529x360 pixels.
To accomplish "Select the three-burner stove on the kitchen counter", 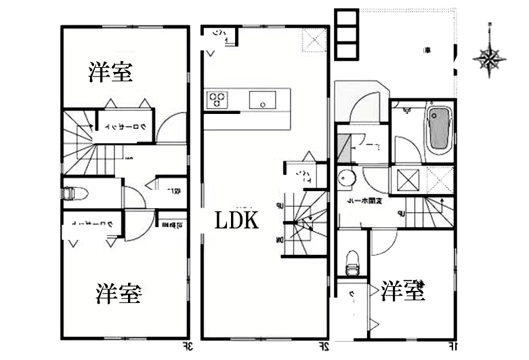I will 217,100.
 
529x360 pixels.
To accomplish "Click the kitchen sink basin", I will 261,100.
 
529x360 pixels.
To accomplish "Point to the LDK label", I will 236,220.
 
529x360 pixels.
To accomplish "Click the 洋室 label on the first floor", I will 402,291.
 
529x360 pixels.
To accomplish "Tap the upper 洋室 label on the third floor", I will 110,73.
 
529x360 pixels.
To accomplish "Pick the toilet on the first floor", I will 352,262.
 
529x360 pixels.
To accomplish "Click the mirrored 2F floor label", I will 324,348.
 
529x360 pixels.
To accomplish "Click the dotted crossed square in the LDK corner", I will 314,40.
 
